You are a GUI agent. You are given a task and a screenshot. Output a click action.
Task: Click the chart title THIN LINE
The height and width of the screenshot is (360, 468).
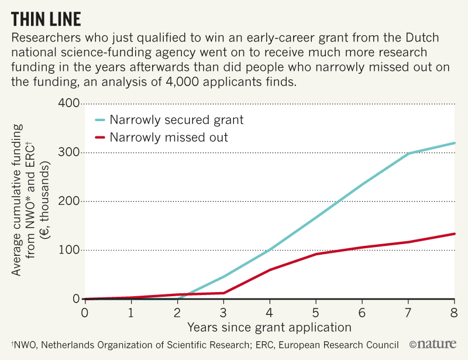point(46,19)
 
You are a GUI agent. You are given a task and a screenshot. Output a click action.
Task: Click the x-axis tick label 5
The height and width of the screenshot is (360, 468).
point(316,311)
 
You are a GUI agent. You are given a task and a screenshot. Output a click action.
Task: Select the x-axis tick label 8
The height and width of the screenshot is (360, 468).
point(455,311)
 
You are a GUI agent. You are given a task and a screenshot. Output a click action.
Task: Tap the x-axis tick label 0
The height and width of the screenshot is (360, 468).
point(84,311)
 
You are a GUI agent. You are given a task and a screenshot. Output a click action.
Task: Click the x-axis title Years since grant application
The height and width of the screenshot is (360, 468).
point(269,327)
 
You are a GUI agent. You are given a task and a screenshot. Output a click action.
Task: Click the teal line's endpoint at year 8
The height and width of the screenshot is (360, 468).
point(455,143)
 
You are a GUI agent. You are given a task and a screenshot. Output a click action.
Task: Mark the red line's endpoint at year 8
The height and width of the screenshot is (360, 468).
point(455,234)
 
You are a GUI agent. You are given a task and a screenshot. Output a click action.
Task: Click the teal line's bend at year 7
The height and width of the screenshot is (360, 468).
point(408,153)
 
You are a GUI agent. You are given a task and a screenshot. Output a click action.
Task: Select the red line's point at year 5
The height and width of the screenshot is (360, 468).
point(316,254)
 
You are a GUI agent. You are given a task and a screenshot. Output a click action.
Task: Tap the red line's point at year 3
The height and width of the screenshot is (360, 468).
point(223,293)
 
